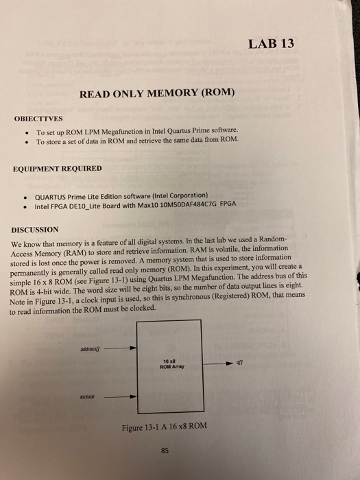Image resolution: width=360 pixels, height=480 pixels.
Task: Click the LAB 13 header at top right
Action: pyautogui.click(x=273, y=44)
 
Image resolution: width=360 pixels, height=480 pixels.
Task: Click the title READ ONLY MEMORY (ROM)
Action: pyautogui.click(x=157, y=93)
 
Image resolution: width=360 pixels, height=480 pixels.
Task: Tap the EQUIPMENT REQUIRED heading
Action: pyautogui.click(x=58, y=168)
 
